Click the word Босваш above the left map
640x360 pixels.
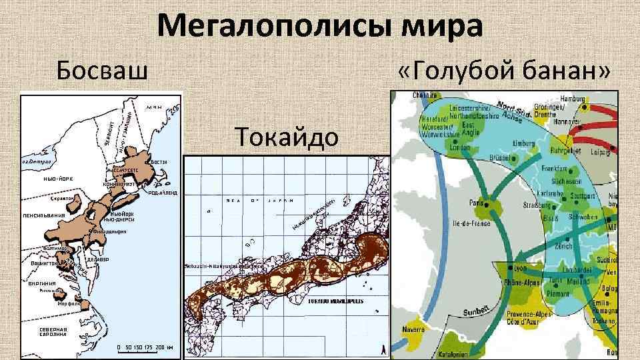pyautogui.click(x=101, y=69)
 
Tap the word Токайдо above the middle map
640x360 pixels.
pyautogui.click(x=287, y=137)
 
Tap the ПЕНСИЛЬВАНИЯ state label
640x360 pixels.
pyautogui.click(x=43, y=215)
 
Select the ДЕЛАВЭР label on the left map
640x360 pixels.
pyautogui.click(x=98, y=259)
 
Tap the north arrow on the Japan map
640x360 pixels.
pyautogui.click(x=381, y=349)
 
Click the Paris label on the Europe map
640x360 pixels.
pyautogui.click(x=477, y=201)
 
